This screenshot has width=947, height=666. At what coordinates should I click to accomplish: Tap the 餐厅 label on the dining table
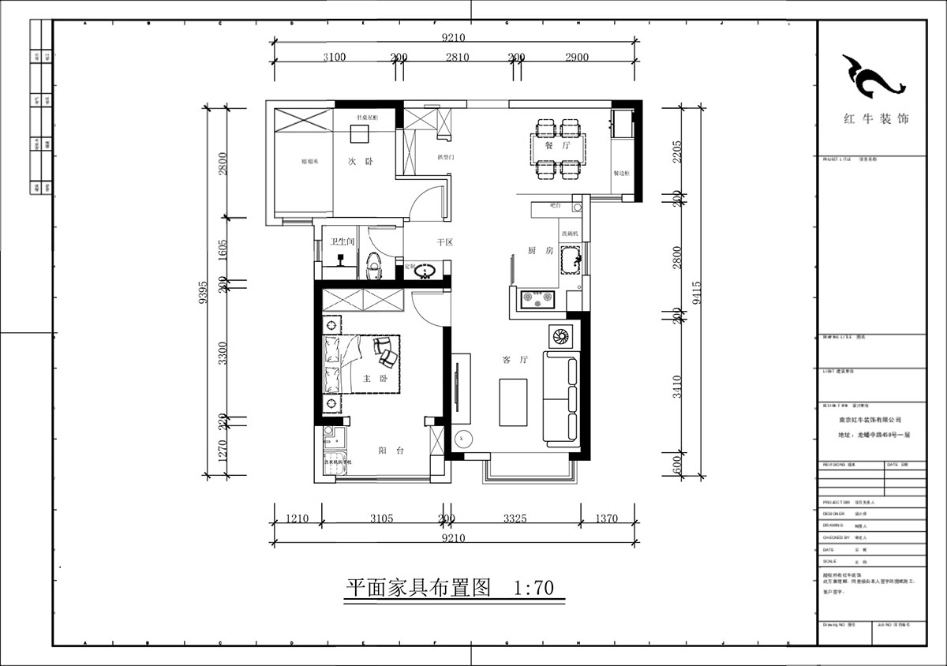(x=561, y=147)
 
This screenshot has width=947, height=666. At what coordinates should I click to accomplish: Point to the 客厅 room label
(x=515, y=360)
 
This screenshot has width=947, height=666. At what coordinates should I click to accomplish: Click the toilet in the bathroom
(x=374, y=265)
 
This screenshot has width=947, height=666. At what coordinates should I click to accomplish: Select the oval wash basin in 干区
(x=427, y=272)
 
